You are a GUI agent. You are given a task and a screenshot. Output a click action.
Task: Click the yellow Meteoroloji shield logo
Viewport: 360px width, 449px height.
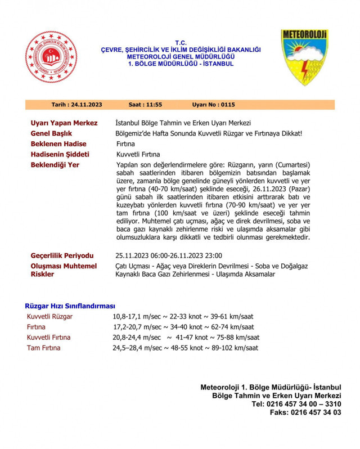(x=305, y=59)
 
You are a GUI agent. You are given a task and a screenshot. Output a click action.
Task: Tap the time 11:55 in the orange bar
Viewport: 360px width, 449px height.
(x=145, y=105)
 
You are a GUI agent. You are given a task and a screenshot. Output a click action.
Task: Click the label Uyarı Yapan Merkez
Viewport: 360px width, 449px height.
(x=64, y=123)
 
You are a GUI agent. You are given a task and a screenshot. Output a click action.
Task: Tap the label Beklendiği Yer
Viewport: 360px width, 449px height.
(x=55, y=165)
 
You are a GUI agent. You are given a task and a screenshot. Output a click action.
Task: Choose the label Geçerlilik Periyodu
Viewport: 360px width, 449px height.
(x=62, y=255)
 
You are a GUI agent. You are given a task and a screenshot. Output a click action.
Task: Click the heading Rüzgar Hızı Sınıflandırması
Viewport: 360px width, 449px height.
(x=70, y=306)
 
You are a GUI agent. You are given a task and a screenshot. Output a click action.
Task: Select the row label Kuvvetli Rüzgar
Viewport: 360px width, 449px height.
(x=49, y=317)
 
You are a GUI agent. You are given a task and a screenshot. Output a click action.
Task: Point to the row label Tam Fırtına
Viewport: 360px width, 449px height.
(x=43, y=348)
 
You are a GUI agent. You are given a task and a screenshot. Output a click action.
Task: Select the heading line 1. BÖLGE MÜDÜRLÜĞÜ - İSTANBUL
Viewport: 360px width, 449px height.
(x=181, y=64)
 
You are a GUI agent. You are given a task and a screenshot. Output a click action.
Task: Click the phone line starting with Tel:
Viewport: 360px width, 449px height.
(x=296, y=404)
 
